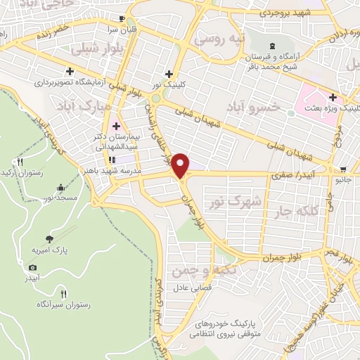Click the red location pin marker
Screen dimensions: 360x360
(x=181, y=166)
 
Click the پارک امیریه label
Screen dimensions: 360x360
(x=48, y=251)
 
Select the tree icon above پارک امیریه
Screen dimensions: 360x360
(x=49, y=240)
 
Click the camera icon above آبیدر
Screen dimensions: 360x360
(x=32, y=267)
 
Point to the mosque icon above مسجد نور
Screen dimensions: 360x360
(x=60, y=188)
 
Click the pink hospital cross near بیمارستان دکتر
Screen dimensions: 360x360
(x=116, y=125)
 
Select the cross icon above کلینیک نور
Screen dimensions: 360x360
(x=168, y=74)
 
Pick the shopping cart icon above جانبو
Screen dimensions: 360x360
(x=343, y=169)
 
